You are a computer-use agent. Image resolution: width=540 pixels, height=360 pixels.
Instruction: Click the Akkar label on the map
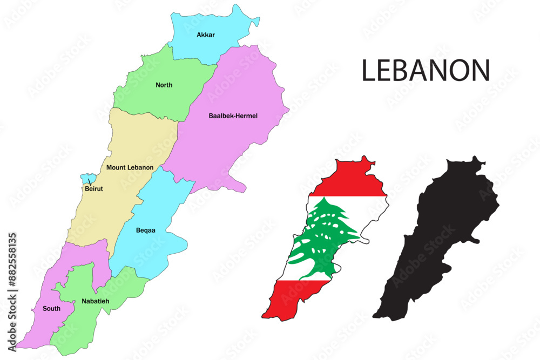206,35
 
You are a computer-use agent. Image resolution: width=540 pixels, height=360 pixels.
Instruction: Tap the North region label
164,85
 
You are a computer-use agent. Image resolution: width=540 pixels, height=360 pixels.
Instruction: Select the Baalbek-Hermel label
233,116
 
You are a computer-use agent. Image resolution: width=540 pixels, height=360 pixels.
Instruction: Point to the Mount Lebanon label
130,167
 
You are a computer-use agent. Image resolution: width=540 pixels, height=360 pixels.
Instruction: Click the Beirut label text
94,189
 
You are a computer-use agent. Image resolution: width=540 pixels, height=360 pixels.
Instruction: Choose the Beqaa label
146,230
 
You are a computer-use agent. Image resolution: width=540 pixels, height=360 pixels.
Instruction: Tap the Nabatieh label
95,301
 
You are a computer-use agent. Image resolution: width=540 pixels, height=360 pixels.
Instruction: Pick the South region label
51,309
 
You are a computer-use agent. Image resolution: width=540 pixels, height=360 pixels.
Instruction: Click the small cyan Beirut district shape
87,178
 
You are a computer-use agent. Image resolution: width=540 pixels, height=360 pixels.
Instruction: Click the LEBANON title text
426,71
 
